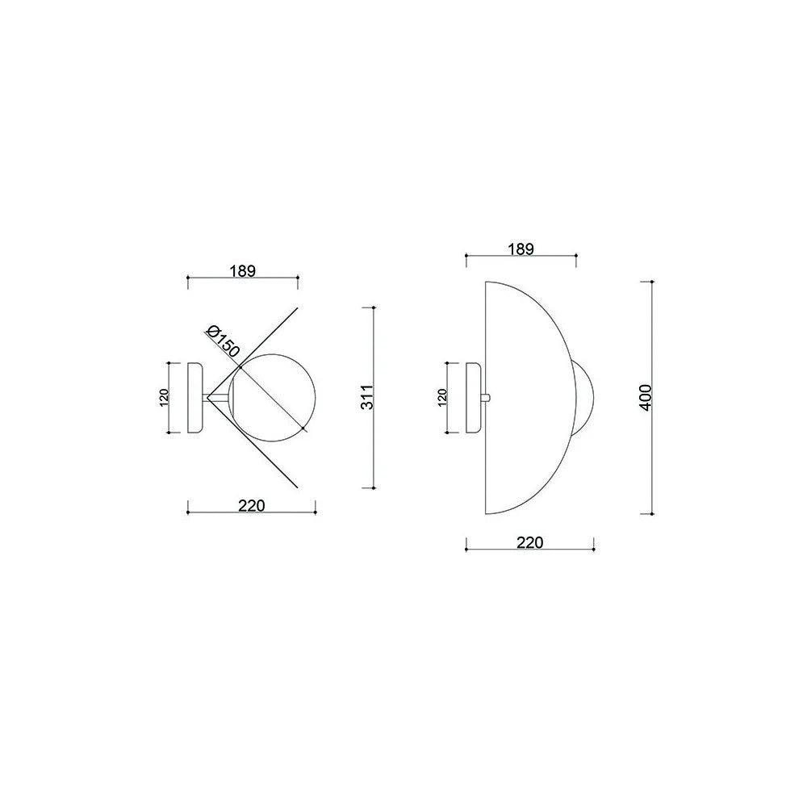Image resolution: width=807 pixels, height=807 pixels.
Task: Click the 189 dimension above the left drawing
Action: click(243, 270)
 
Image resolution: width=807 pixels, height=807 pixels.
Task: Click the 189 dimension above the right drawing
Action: click(521, 249)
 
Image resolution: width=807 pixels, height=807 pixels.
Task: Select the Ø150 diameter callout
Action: click(223, 341)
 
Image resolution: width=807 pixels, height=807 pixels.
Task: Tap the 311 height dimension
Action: click(366, 397)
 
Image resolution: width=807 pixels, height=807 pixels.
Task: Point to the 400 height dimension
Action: click(646, 397)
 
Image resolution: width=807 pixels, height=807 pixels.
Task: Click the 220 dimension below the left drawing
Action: click(252, 506)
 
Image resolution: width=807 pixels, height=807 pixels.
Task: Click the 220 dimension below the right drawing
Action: click(530, 542)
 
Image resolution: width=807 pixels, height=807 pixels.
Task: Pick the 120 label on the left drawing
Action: click(164, 397)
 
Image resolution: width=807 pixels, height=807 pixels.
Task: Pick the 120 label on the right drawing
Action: click(442, 397)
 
